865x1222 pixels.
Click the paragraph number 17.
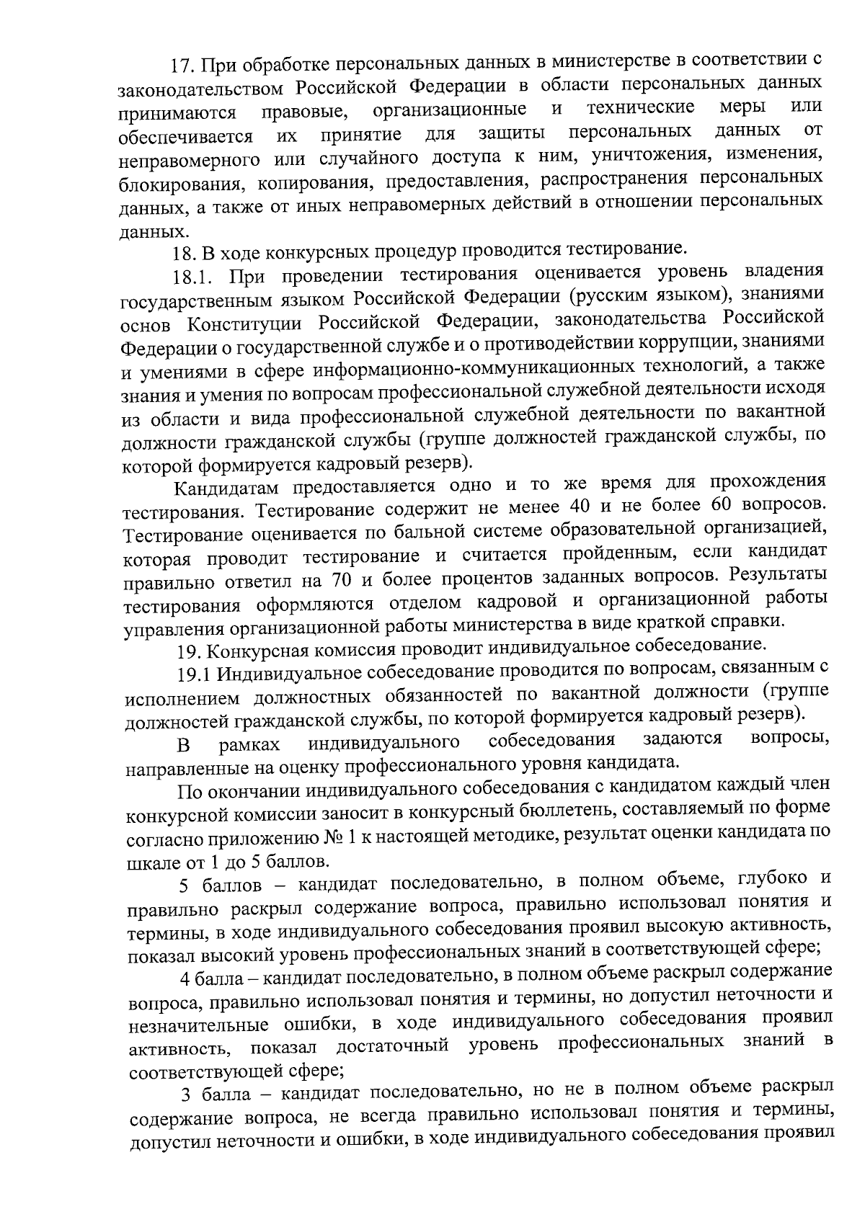[181, 65]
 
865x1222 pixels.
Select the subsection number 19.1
[192, 675]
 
